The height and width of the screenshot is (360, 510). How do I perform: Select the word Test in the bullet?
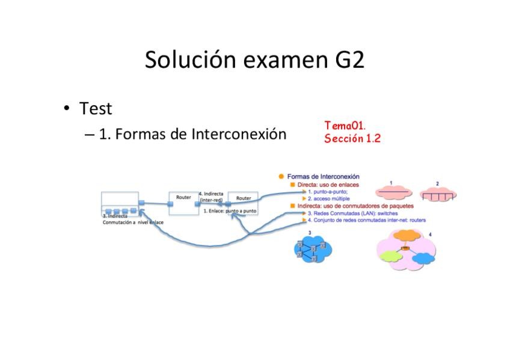pos(96,109)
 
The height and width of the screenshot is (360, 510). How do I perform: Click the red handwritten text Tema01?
pos(345,126)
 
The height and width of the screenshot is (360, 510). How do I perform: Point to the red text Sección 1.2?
pos(352,138)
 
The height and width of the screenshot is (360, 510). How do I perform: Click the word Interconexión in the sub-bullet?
pos(239,134)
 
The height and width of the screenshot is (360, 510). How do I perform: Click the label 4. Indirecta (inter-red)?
pos(211,197)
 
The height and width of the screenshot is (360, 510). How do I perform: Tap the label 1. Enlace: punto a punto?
pos(230,211)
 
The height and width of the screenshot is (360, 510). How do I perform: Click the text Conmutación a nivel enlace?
pos(133,222)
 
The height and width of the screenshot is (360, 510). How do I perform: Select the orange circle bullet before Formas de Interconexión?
pos(281,176)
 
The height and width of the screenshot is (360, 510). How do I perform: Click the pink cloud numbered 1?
pos(394,193)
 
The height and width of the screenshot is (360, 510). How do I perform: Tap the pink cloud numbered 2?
pos(438,194)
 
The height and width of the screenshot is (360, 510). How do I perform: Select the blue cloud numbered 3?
pos(313,248)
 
